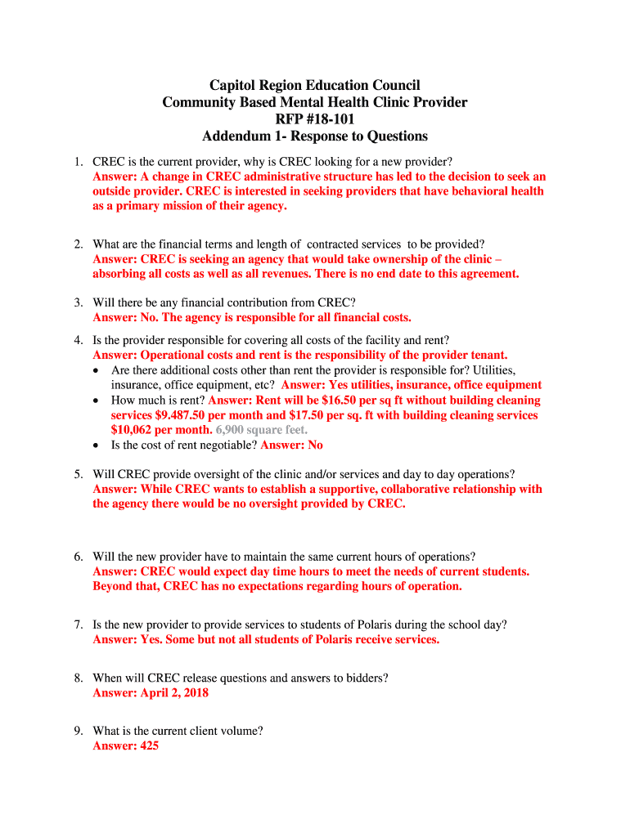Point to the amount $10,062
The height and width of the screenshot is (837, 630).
click(x=137, y=430)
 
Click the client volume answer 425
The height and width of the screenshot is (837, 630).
click(x=149, y=746)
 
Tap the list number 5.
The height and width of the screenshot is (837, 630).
click(x=78, y=474)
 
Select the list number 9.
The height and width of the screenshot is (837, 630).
click(x=78, y=731)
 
